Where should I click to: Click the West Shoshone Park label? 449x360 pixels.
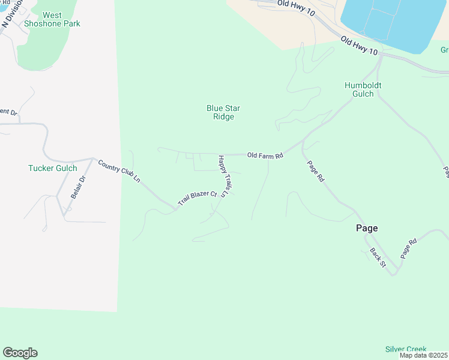pos(52,19)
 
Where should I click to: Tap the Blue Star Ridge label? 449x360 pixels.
pos(223,112)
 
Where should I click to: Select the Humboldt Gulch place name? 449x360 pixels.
pos(363,89)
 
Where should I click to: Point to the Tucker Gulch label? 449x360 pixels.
pos(52,168)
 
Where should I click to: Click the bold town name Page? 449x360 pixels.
pos(367,228)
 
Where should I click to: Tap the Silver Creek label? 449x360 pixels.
pos(406,349)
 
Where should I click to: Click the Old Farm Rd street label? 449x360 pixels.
pos(265,155)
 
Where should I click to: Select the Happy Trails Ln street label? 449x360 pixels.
pos(224,176)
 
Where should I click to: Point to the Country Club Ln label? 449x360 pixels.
pos(119,172)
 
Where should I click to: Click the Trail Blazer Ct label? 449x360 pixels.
pos(196,197)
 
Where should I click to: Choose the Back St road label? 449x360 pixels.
pos(377,257)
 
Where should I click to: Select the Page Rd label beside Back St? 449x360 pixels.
pos(409,249)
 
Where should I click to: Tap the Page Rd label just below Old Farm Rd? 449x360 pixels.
pos(316,171)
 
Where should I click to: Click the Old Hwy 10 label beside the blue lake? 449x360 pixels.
pos(359,46)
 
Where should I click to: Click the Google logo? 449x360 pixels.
pos(20,353)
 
